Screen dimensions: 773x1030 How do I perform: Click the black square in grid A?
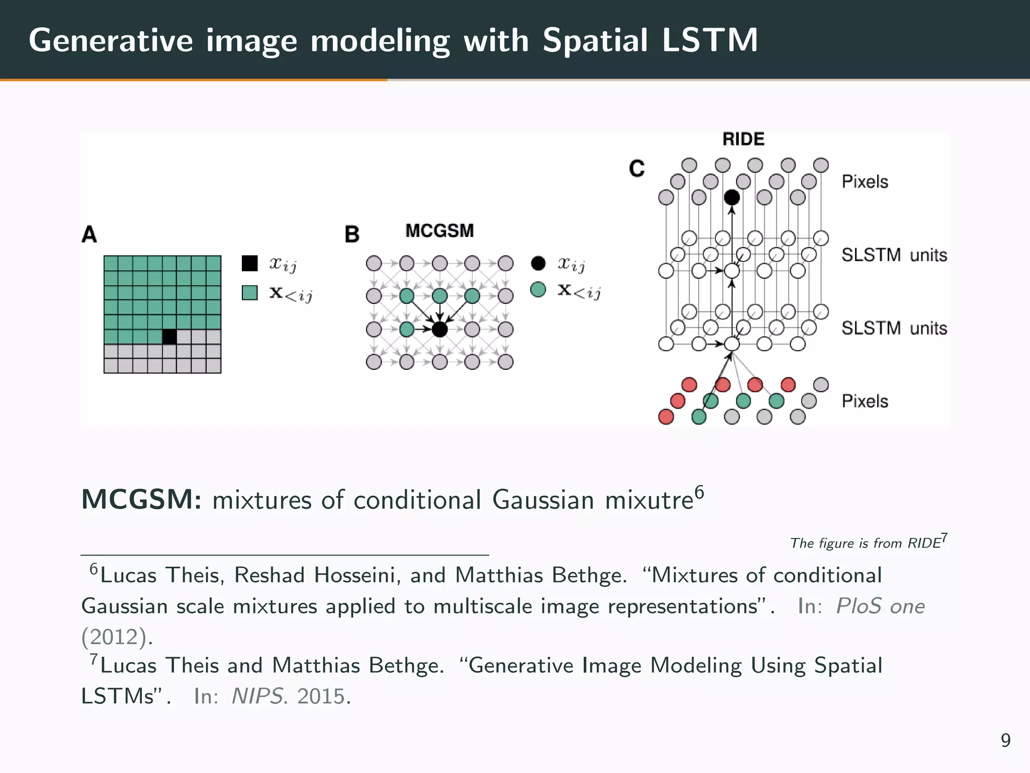click(169, 337)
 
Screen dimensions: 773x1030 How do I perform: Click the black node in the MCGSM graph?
click(440, 330)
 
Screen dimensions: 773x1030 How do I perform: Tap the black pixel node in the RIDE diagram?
click(732, 197)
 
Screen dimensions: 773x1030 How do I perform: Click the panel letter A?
click(89, 235)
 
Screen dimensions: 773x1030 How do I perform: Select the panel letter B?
click(352, 235)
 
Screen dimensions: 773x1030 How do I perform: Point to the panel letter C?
click(637, 169)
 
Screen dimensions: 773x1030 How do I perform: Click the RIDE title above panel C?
click(743, 139)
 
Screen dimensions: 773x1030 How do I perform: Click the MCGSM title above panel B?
click(440, 231)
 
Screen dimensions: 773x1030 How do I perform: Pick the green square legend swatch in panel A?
click(249, 292)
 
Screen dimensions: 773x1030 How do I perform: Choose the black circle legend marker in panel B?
click(538, 263)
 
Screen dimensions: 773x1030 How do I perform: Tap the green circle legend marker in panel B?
click(538, 290)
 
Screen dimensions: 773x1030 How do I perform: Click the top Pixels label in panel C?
click(865, 182)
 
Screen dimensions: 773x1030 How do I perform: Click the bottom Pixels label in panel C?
click(865, 401)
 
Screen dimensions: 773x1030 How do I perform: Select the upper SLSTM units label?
click(894, 255)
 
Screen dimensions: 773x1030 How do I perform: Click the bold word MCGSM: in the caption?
click(141, 500)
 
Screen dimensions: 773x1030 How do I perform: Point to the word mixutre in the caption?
click(649, 500)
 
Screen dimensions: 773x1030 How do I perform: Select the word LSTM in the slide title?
click(710, 40)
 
